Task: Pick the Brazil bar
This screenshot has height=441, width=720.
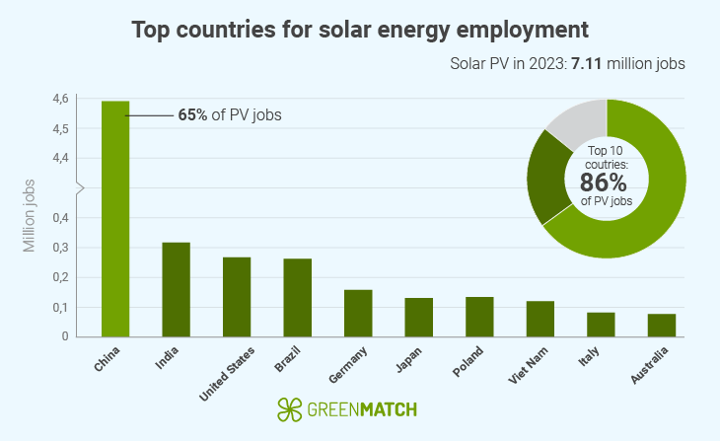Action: pyautogui.click(x=297, y=298)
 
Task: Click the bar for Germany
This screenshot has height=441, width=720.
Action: pyautogui.click(x=358, y=314)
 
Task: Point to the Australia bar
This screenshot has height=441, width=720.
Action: pyautogui.click(x=662, y=326)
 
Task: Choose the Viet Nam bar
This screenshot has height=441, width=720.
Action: pyautogui.click(x=540, y=319)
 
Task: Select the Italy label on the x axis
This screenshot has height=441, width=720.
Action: pyautogui.click(x=588, y=357)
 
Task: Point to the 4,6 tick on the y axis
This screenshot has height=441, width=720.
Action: pyautogui.click(x=61, y=99)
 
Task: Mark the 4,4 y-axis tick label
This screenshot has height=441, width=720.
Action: pyautogui.click(x=61, y=158)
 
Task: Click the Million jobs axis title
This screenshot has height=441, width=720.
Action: pyautogui.click(x=31, y=214)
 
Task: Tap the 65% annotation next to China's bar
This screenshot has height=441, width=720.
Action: pyautogui.click(x=192, y=115)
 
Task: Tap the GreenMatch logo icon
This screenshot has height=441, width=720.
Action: pyautogui.click(x=289, y=409)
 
